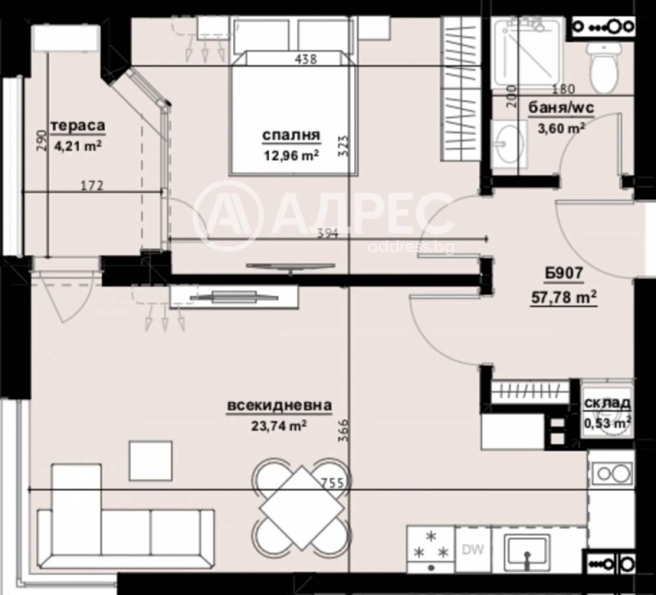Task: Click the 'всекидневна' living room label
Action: coord(280,405)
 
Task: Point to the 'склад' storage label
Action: coord(607,403)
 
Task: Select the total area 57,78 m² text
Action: coord(563,296)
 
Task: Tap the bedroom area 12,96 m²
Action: coord(290,153)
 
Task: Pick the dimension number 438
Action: coord(305,58)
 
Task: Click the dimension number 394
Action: coord(326,233)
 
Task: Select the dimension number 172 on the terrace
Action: coord(92,186)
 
